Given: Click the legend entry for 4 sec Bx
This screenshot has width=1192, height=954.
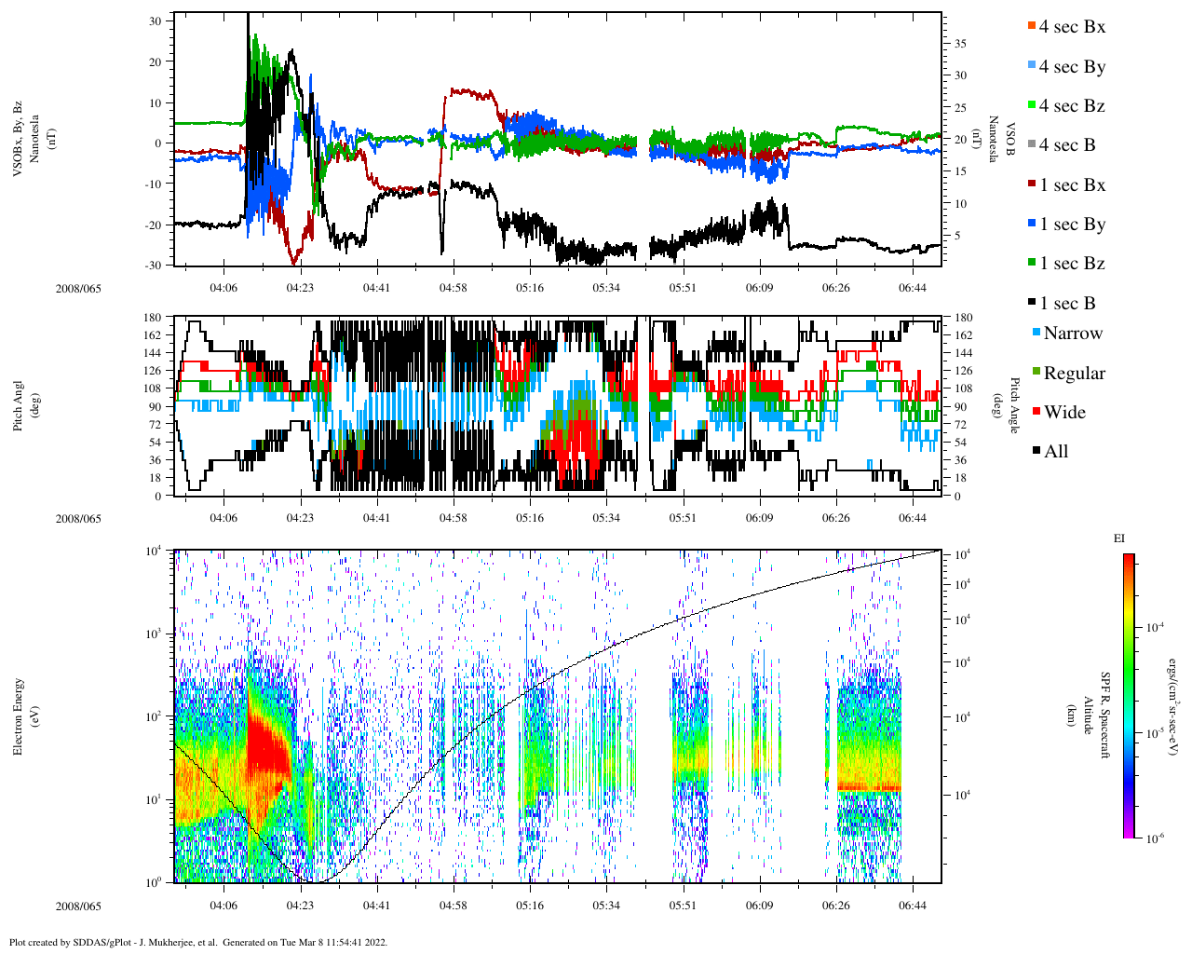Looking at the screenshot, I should [x=1071, y=27].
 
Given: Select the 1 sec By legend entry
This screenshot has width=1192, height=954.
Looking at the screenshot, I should [x=1071, y=225].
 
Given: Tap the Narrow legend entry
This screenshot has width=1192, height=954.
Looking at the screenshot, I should [x=1072, y=334].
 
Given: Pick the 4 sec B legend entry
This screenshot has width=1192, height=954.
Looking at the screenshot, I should [x=1065, y=145].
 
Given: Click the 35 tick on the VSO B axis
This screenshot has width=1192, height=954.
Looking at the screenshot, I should [x=960, y=44].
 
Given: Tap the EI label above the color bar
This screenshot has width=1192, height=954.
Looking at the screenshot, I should [x=1119, y=538].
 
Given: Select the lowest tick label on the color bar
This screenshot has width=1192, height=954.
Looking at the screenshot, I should [x=1153, y=838].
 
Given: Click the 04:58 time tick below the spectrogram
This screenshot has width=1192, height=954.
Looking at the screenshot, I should [x=454, y=906].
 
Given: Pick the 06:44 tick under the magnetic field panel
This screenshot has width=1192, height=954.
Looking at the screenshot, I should [x=913, y=289].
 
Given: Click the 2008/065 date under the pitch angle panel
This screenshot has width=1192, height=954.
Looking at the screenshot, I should [x=78, y=519].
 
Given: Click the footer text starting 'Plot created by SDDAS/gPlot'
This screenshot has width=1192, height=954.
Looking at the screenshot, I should [x=198, y=942].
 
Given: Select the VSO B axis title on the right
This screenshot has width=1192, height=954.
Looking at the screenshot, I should [x=1000, y=139].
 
